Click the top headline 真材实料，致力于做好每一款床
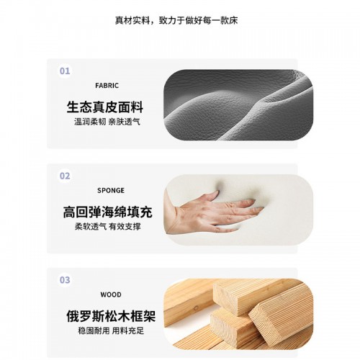[176, 20]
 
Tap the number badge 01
[65, 71]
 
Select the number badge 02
[65, 176]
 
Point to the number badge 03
[65, 280]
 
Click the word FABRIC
[107, 86]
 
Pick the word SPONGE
[111, 191]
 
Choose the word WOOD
[111, 294]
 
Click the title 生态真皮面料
[105, 107]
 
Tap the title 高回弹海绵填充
[108, 212]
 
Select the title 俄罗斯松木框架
[111, 316]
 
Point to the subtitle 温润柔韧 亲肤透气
[107, 122]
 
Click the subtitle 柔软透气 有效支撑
[107, 227]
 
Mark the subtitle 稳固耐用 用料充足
[111, 330]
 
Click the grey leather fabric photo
[238, 105]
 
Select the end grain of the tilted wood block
[265, 324]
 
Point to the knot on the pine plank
[196, 308]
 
